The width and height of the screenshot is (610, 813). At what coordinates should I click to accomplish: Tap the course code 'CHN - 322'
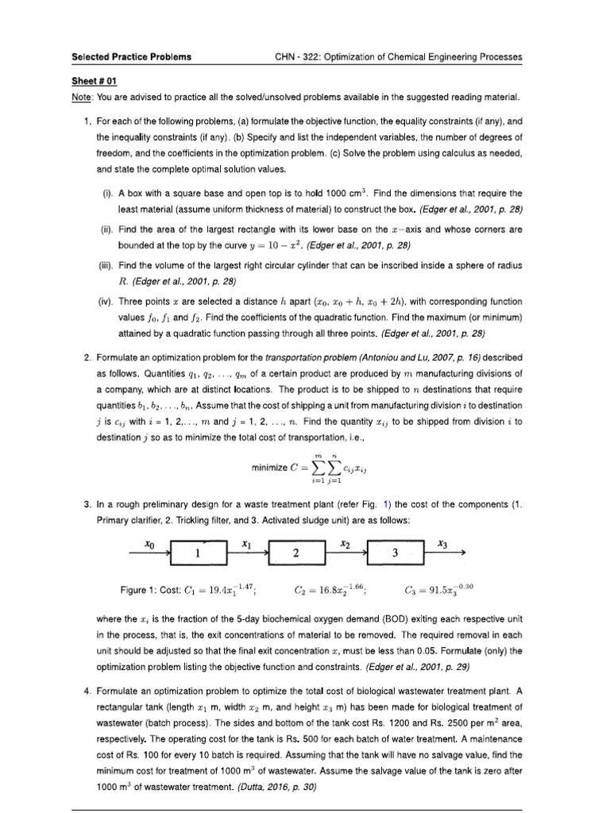(x=297, y=57)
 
